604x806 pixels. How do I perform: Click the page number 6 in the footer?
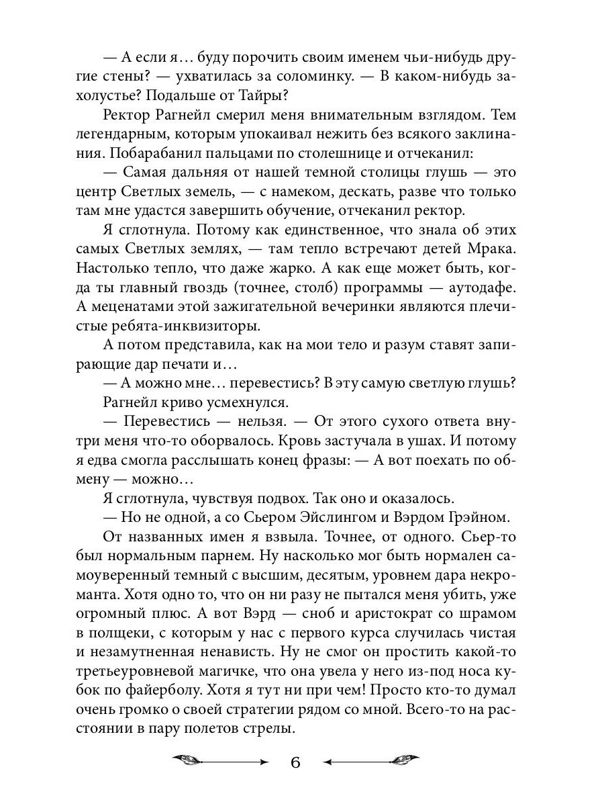point(295,763)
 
